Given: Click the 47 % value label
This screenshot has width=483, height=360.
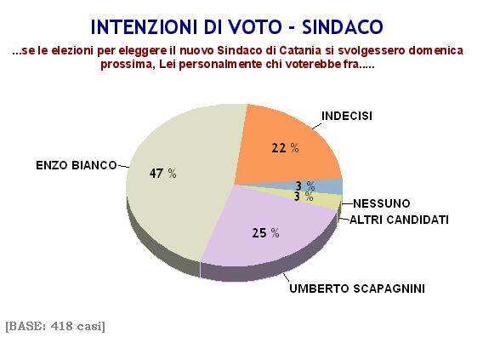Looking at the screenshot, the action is coord(162,174).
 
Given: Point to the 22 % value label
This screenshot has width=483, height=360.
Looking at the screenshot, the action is coord(285,148).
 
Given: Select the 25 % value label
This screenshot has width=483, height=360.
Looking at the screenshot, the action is coord(265,232).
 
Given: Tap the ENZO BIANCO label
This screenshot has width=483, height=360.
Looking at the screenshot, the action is coord(77,165).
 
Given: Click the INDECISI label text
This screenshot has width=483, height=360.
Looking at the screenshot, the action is coord(347,116).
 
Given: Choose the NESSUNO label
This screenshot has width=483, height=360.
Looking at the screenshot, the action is coord(381,203).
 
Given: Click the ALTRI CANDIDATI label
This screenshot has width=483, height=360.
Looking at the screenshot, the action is coord(399,220).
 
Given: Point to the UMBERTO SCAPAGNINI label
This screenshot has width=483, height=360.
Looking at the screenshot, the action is coord(357,289).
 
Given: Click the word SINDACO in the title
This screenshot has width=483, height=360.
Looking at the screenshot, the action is coord(343,27).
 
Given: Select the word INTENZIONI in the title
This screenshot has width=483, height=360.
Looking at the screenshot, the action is coord(144,27).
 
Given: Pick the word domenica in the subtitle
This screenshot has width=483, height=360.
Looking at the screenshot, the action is coord(436,50).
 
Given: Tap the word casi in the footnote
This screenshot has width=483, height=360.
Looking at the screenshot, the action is coord(91,326).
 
